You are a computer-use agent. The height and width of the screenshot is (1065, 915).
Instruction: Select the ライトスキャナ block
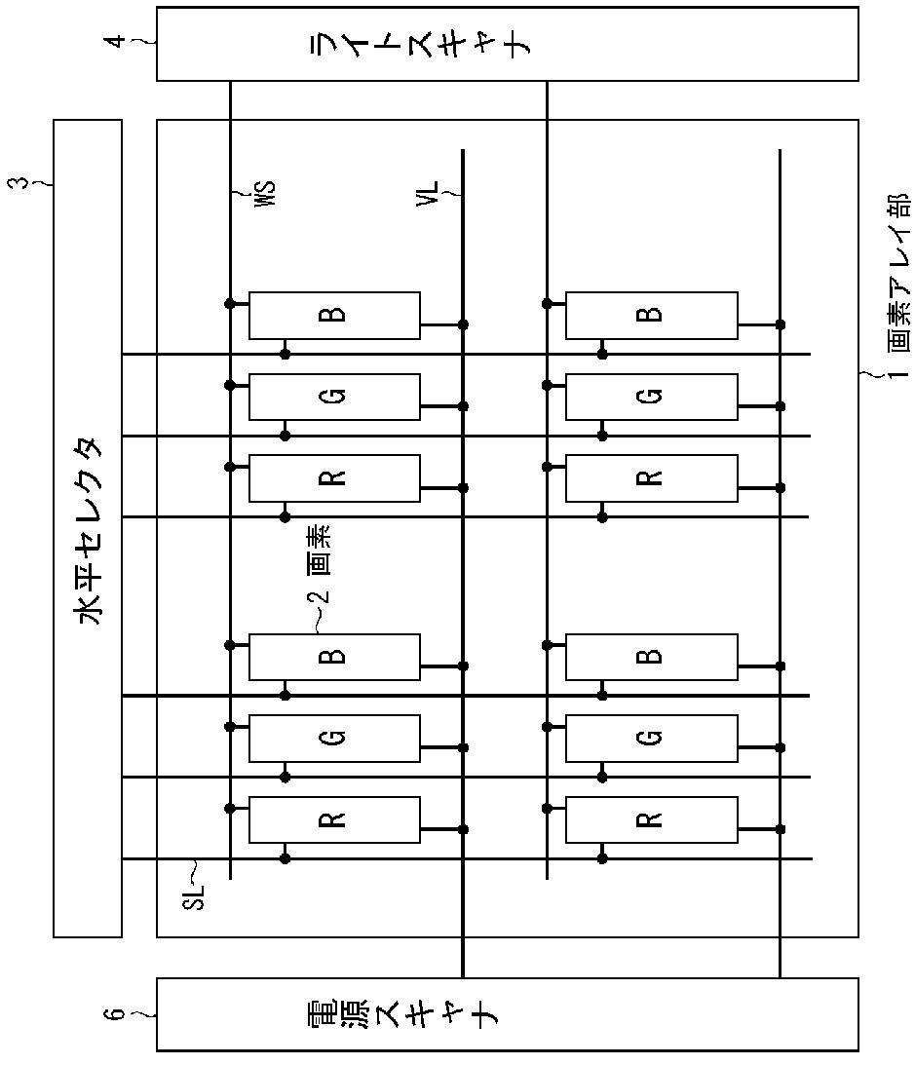tap(507, 44)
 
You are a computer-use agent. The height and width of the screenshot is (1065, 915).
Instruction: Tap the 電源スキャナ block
tap(507, 1014)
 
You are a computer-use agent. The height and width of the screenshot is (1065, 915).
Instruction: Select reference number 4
tap(118, 42)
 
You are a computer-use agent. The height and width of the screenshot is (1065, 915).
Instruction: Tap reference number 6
tap(118, 1014)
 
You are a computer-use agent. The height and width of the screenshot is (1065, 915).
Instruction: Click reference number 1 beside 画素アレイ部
tap(898, 371)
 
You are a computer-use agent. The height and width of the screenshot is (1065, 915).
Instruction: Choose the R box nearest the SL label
tap(334, 819)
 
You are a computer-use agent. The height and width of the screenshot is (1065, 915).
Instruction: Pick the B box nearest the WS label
tap(334, 315)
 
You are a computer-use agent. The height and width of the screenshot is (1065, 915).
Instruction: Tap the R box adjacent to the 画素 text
tap(334, 477)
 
